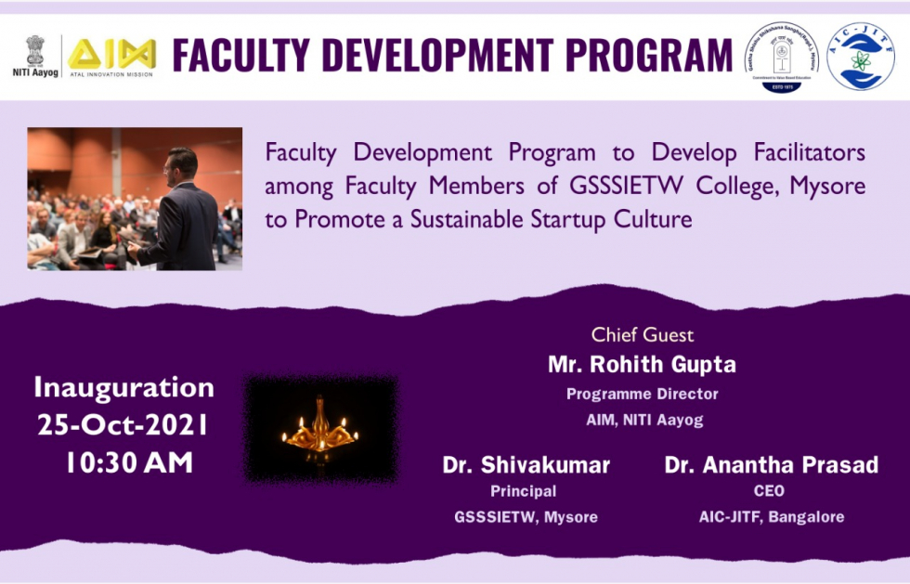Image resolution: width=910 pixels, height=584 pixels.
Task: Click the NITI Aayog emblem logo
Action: pos(34,49)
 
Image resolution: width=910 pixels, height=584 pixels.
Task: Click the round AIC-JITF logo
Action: pos(860,57)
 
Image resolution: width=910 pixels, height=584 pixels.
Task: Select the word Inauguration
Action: pos(123,387)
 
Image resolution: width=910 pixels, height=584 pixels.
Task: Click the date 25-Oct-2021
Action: pos(123,424)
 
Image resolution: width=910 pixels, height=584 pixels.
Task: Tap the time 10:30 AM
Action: pos(128,462)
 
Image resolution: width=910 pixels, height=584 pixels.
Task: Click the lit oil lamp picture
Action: pos(320,429)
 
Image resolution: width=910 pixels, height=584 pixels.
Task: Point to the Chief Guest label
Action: pos(643,334)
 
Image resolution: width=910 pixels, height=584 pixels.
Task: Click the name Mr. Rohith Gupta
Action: pos(642,364)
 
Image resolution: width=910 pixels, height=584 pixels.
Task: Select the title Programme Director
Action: pos(642,394)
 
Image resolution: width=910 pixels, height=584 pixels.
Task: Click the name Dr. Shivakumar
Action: pos(526,464)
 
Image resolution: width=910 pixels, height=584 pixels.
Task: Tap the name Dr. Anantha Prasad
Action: pos(771,464)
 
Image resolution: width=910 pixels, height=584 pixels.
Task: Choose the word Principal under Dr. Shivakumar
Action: pos(524,490)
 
